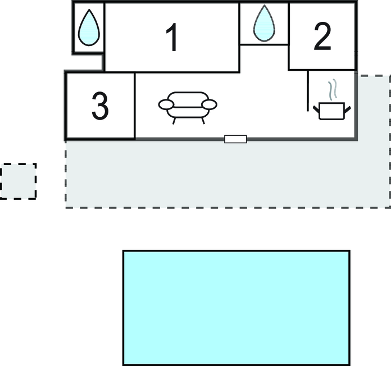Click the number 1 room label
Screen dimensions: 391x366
[172, 38]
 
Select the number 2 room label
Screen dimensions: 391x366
[322, 36]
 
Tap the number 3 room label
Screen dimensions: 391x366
[100, 106]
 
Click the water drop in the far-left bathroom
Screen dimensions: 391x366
[89, 28]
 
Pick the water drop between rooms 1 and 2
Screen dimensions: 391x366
[264, 23]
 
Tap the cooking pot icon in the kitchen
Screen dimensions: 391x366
[331, 111]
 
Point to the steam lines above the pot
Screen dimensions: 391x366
[333, 90]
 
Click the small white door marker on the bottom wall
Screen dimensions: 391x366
[235, 139]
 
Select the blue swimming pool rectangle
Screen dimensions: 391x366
[237, 308]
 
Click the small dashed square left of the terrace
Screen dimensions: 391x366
[18, 181]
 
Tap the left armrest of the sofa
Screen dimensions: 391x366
[166, 104]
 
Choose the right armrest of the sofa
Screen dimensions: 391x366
[209, 104]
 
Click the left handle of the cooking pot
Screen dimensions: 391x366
[316, 109]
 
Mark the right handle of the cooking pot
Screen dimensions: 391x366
[348, 109]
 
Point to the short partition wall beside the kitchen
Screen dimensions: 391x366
[308, 91]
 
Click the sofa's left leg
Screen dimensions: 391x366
[174, 121]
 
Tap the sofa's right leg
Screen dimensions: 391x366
[203, 121]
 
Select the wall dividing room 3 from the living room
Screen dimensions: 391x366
[135, 106]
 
